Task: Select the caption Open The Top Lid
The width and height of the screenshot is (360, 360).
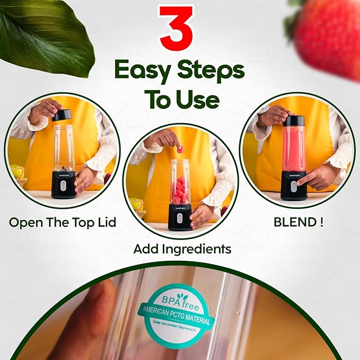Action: coord(62,222)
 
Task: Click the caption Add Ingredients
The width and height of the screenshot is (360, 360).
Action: coord(182,248)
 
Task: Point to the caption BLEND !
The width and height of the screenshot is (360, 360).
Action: coord(298,222)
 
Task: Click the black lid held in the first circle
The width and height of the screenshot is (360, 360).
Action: coord(63,115)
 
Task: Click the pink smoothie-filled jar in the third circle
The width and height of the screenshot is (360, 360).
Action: coord(294,148)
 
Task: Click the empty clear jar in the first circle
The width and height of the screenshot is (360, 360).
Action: coord(63,148)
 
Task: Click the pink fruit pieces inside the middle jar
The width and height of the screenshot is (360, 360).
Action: coord(180,190)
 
